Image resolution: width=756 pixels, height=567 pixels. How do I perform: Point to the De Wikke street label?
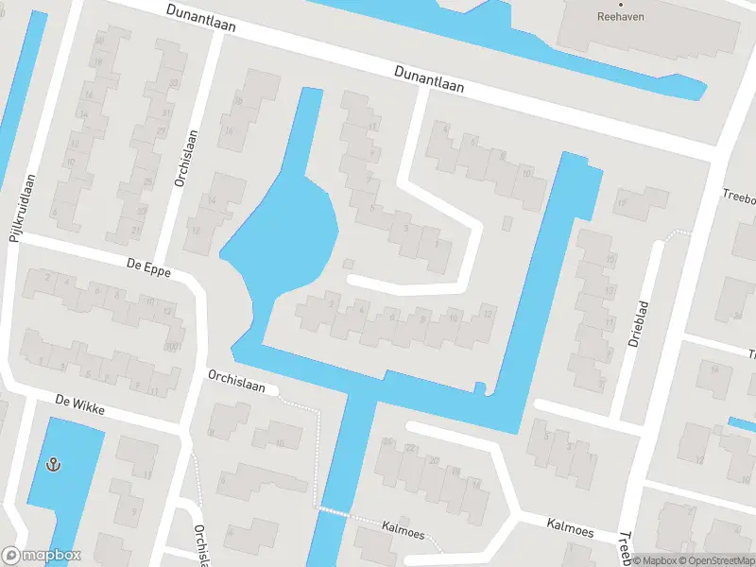pyautogui.click(x=79, y=407)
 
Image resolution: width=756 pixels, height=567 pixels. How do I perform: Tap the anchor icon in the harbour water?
pyautogui.click(x=54, y=464)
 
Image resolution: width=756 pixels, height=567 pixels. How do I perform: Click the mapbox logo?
pyautogui.click(x=42, y=556)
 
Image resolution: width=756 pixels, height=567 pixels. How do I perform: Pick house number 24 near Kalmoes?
pyautogui.click(x=386, y=441)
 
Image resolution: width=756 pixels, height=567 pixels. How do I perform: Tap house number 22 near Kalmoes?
pyautogui.click(x=410, y=448)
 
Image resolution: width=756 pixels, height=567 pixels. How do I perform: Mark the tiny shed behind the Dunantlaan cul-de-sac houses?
pyautogui.click(x=508, y=223)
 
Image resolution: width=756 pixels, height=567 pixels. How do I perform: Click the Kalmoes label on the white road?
pyautogui.click(x=570, y=526)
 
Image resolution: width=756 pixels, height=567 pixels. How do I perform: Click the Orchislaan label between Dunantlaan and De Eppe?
pyautogui.click(x=185, y=158)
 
